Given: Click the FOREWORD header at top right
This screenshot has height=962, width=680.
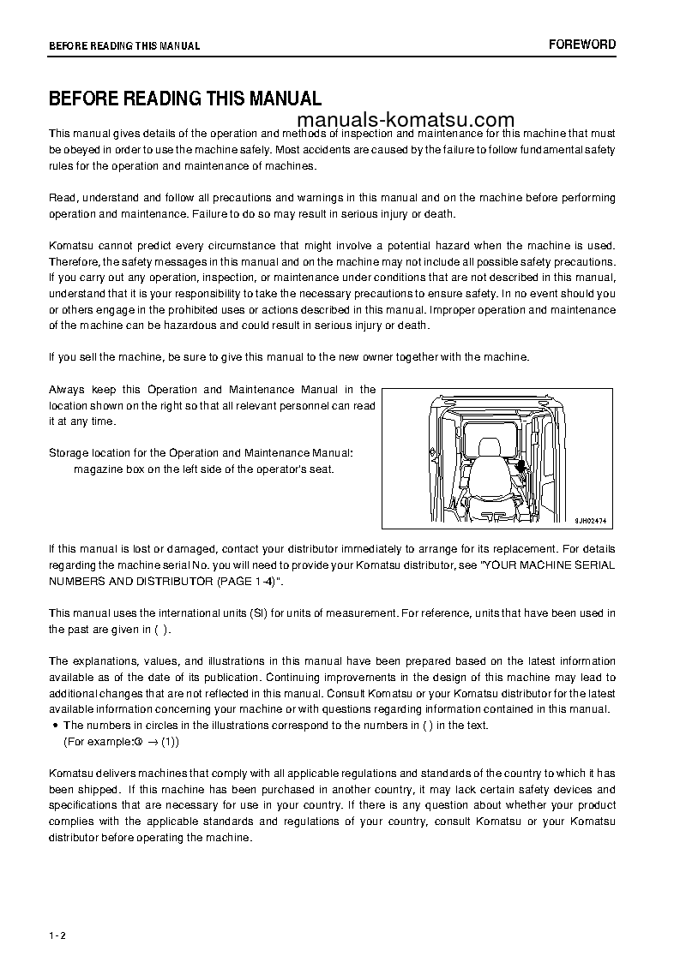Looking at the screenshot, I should coord(582,45).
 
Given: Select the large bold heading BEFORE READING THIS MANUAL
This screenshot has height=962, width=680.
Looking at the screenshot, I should coord(184,99).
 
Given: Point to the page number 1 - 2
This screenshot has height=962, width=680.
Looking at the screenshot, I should coord(57,911).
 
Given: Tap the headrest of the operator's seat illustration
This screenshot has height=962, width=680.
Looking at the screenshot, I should coord(490,448).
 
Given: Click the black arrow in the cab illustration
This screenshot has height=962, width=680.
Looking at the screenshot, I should coord(521,465).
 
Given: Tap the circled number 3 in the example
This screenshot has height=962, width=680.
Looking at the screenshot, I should coord(137,741).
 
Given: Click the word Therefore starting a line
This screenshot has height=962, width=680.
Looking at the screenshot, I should coord(74,261).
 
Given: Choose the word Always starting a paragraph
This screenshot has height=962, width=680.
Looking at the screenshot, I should coord(67,390).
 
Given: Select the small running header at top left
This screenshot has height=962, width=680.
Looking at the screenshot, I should coord(124,46).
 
